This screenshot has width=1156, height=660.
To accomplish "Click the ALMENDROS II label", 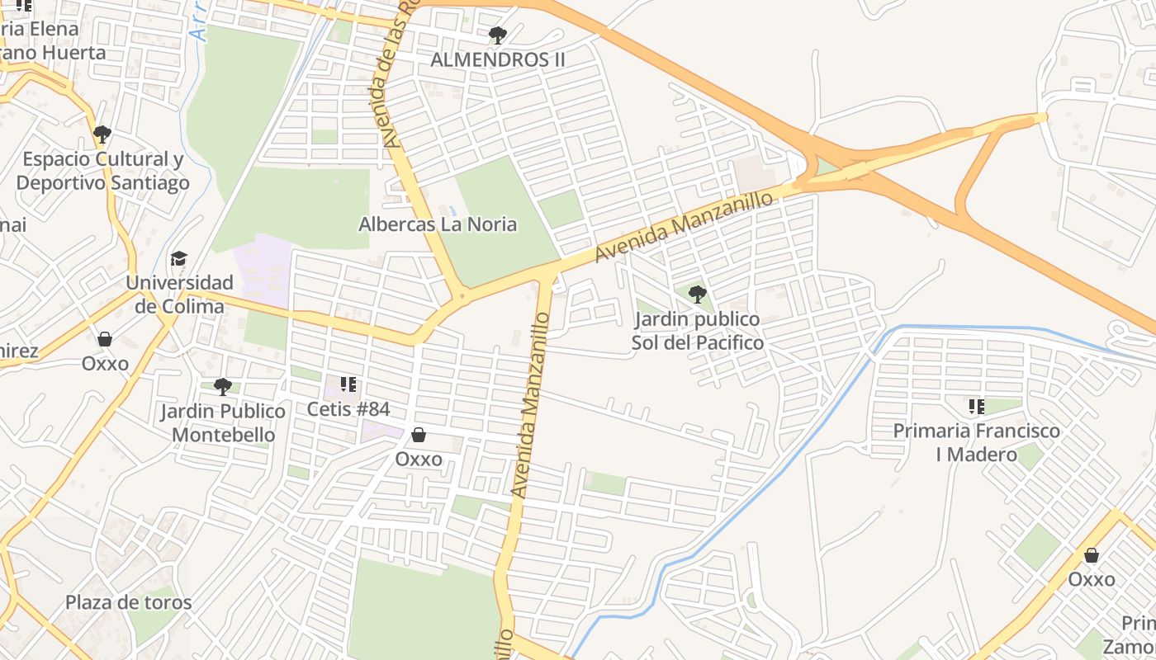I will click(x=498, y=59).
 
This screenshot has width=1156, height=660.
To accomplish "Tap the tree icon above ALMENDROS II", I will click(x=498, y=35).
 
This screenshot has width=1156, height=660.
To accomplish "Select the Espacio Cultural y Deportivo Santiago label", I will click(x=102, y=171).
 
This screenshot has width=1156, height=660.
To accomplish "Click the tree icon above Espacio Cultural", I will click(x=102, y=134).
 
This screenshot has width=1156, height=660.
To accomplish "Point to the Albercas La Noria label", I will click(x=438, y=224).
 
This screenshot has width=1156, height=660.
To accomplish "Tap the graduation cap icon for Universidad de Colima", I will click(x=179, y=259).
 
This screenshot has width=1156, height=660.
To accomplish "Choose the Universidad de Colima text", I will click(x=179, y=295).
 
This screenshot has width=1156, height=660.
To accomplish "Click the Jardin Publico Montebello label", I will click(x=223, y=422).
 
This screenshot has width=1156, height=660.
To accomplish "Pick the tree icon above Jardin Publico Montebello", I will click(x=223, y=386).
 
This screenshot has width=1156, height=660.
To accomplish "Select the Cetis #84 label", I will click(x=348, y=409).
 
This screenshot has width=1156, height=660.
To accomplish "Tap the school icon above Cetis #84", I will click(x=348, y=384).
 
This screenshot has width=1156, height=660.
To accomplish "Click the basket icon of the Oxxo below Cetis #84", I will click(x=419, y=435).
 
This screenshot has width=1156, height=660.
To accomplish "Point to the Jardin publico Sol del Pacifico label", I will click(x=698, y=331).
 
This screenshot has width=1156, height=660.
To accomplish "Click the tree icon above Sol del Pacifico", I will click(x=698, y=294).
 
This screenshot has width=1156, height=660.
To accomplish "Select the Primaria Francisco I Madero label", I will click(x=977, y=442).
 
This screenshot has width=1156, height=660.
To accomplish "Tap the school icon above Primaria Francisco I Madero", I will click(x=977, y=406).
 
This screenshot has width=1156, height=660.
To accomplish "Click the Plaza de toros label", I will click(x=129, y=602).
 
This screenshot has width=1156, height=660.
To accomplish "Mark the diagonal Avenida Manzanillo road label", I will click(x=685, y=227).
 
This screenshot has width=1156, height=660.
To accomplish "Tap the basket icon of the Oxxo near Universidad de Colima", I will click(x=105, y=339).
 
